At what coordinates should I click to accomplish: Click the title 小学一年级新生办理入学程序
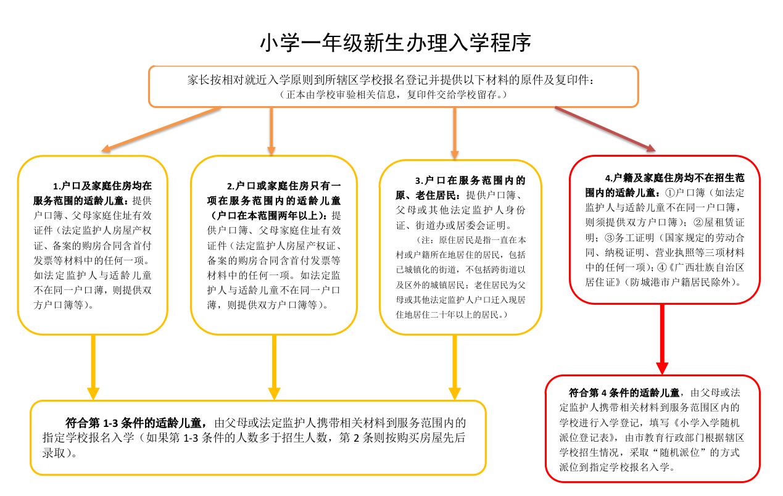coord(395,43)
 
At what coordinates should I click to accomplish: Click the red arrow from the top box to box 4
coord(605,128)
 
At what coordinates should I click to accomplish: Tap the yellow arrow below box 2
coord(274,367)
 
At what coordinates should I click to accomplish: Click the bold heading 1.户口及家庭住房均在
coord(101,186)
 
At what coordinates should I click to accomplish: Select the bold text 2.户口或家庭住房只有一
coord(283,186)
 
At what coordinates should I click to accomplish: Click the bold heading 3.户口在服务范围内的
coord(470,181)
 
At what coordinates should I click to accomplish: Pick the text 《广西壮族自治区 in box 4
coord(710,267)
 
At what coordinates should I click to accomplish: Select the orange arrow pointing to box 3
coord(455,133)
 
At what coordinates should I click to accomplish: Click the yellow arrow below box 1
coord(93,367)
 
